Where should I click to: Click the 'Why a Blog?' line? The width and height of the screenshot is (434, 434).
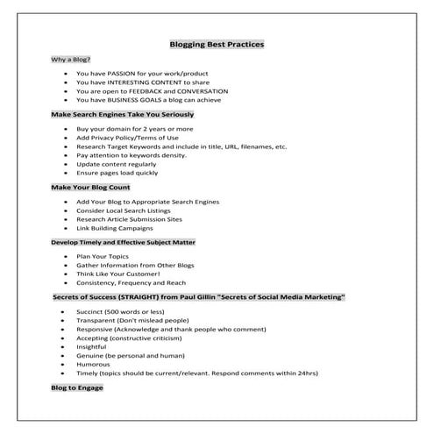(69, 59)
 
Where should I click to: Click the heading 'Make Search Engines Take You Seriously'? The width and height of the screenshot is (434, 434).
(122, 115)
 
